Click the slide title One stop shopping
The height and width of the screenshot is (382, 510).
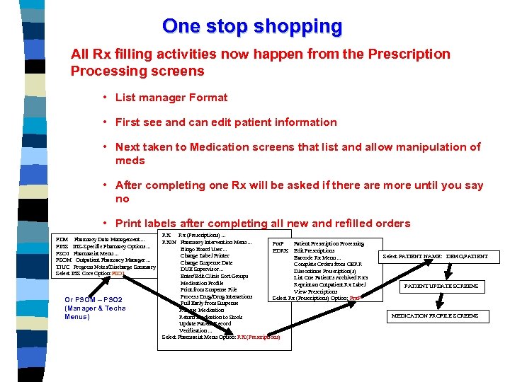[252, 26]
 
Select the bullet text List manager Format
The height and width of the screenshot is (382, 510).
[172, 98]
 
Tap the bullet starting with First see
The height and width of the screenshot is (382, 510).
[226, 122]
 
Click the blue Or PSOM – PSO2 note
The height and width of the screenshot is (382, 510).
[95, 308]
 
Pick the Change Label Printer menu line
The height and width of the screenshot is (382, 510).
[205, 255]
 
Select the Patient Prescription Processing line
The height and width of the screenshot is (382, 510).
[329, 244]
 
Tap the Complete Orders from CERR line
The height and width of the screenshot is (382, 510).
[327, 265]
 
